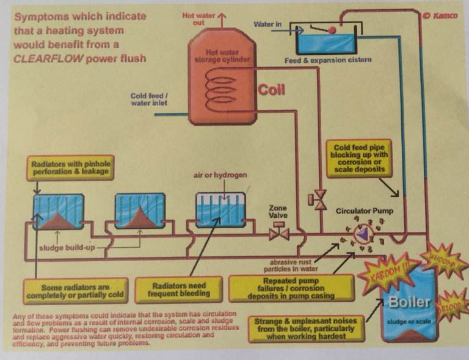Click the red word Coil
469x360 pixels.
pyautogui.click(x=272, y=90)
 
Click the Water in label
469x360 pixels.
pyautogui.click(x=267, y=24)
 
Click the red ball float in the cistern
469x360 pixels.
pyautogui.click(x=332, y=29)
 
